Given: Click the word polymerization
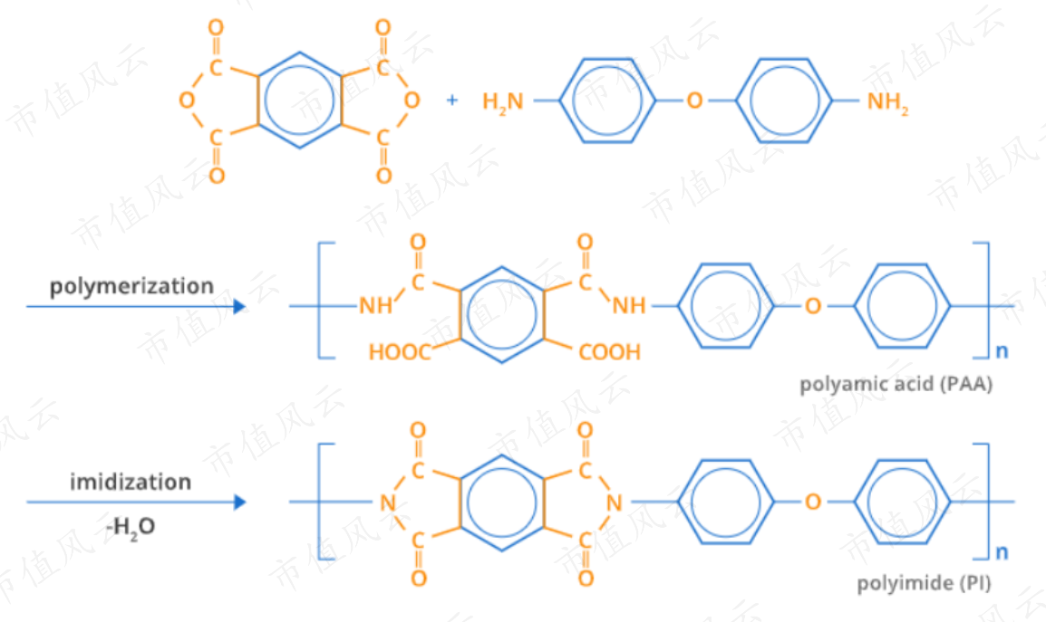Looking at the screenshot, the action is tap(132, 287).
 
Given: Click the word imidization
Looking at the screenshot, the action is tap(131, 482).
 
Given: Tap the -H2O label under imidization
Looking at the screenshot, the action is tap(131, 527).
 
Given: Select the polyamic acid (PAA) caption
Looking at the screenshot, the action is tap(896, 384).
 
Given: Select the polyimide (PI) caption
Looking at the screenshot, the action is tap(924, 583).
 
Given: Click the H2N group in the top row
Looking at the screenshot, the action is tap(503, 101).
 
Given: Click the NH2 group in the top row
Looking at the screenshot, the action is tap(888, 102).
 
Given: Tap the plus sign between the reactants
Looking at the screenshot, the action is tap(452, 100).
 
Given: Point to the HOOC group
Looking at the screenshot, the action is tap(400, 351).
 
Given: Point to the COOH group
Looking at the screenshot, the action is tap(610, 351).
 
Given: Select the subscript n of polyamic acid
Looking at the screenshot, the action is tap(1002, 351).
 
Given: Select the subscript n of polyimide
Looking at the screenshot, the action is tap(1002, 552).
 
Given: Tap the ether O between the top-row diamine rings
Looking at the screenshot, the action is tap(694, 100).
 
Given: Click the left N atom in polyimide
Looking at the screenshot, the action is tap(388, 502).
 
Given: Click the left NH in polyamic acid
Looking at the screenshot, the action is tap(375, 305).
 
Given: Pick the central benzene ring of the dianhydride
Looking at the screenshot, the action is tap(299, 100).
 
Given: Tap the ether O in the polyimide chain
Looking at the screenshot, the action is tap(812, 502).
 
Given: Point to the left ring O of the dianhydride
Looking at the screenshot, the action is tap(187, 100).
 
